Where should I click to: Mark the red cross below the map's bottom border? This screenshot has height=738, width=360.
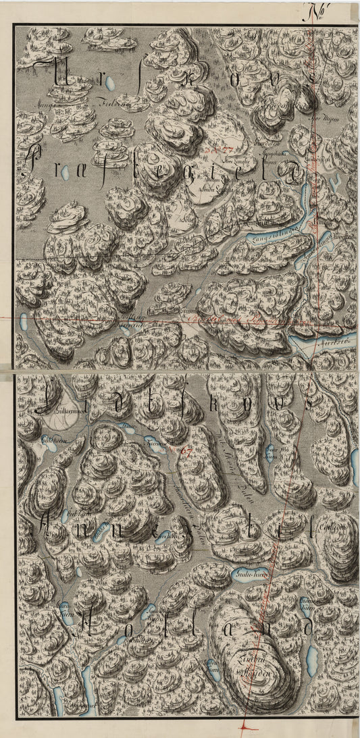coord(244,727)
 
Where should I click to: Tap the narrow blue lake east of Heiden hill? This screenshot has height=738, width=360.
coord(311,654)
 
